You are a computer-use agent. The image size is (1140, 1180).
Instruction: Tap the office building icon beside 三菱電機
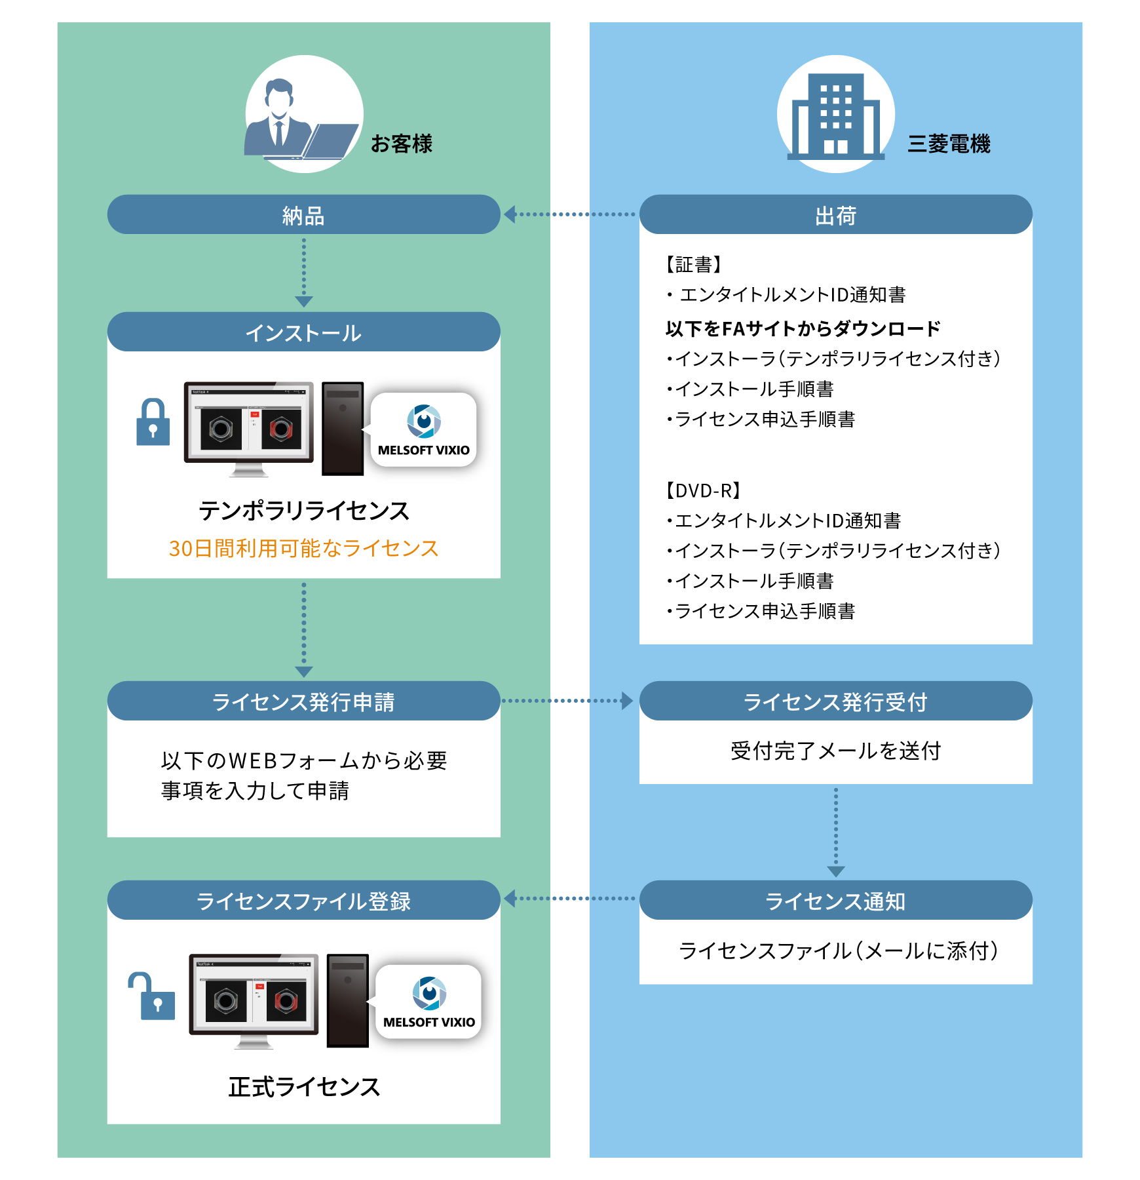pyautogui.click(x=835, y=116)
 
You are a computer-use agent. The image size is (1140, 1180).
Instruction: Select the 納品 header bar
pyautogui.click(x=303, y=214)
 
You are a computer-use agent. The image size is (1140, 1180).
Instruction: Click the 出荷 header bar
pyautogui.click(x=835, y=214)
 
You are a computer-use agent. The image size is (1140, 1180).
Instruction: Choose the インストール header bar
pyautogui.click(x=303, y=332)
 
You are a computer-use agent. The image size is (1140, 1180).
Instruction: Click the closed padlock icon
pyautogui.click(x=153, y=423)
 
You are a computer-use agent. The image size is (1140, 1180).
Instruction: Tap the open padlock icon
pyautogui.click(x=153, y=996)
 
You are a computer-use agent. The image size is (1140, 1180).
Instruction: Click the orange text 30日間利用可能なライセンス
pyautogui.click(x=303, y=548)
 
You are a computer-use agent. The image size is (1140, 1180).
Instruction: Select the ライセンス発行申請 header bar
pyautogui.click(x=303, y=701)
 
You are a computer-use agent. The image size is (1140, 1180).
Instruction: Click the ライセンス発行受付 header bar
pyautogui.click(x=835, y=701)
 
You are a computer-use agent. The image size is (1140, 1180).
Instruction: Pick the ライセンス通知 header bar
pyautogui.click(x=835, y=901)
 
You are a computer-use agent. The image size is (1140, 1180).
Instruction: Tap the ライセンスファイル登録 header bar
pyautogui.click(x=303, y=901)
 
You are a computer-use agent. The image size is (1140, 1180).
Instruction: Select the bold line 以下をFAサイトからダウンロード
pyautogui.click(x=803, y=328)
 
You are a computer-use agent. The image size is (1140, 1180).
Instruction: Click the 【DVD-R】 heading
pyautogui.click(x=703, y=490)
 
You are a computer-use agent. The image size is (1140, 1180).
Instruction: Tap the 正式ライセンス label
pyautogui.click(x=304, y=1087)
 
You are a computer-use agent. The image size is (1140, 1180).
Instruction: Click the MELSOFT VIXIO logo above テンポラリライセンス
pyautogui.click(x=424, y=430)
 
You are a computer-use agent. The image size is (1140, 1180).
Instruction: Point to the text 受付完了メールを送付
pyautogui.click(x=835, y=751)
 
